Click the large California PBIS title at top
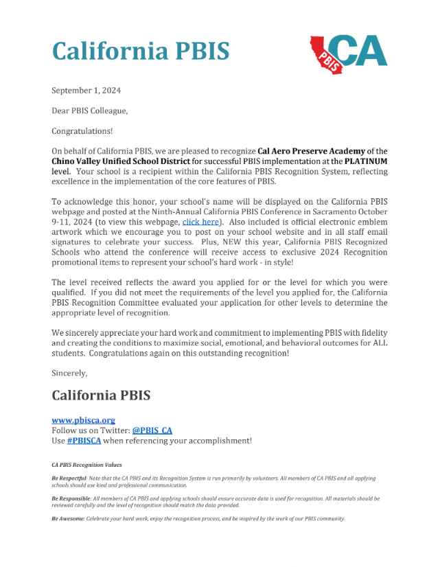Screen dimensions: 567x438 141,51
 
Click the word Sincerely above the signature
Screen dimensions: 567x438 69,373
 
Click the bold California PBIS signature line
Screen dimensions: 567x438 101,396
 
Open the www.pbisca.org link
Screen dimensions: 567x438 83,420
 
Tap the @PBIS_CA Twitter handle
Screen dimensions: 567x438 152,430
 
